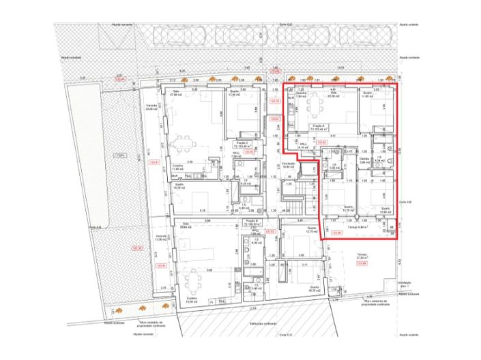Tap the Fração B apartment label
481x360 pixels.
click(x=251, y=222)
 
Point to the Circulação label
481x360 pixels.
click(x=287, y=165)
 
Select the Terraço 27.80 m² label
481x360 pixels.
click(x=362, y=256)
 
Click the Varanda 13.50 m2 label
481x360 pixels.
click(x=162, y=239)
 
